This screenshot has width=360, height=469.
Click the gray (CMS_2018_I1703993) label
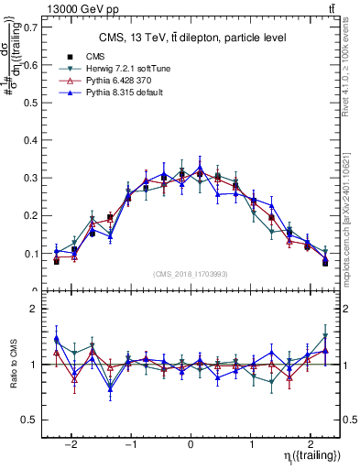(x=191, y=274)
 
